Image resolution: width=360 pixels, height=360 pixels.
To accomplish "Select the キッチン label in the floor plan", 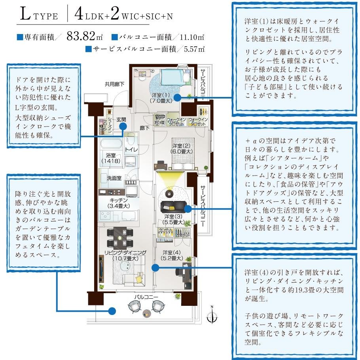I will [118, 203].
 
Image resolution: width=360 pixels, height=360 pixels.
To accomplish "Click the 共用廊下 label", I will [114, 84].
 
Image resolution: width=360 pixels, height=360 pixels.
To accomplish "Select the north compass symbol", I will [213, 315].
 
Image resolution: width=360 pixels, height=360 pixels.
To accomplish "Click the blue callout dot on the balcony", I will [112, 311].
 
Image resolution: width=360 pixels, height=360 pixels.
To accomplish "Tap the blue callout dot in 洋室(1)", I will [177, 97].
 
